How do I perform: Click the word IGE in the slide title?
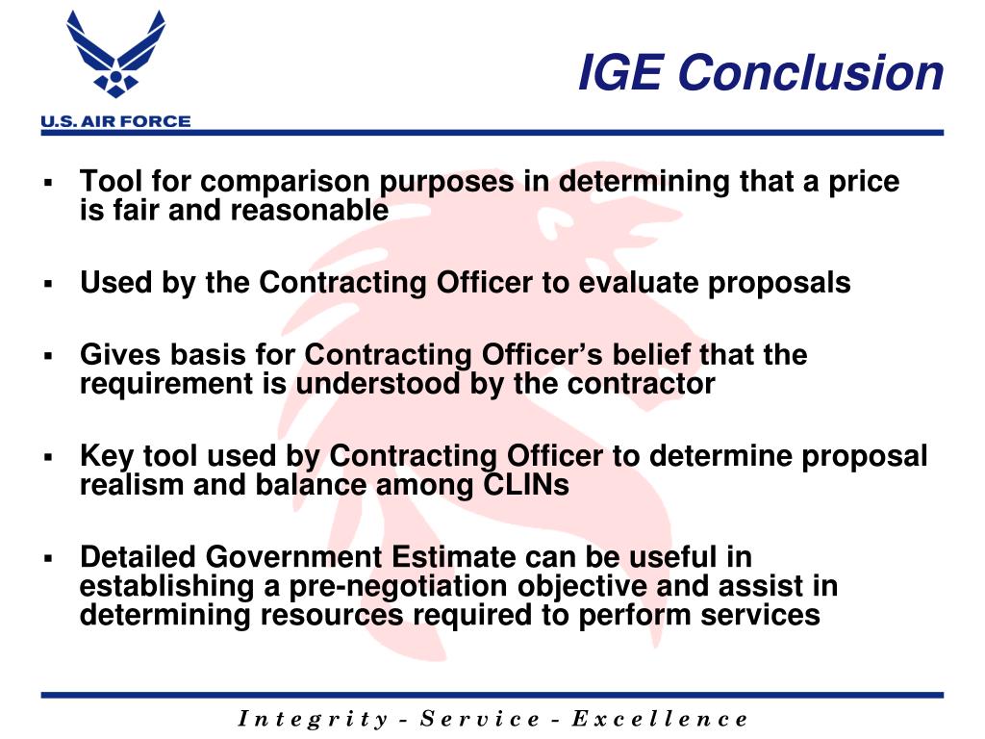click(620, 73)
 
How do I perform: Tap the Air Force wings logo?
click(114, 57)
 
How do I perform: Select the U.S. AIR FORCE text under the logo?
click(114, 121)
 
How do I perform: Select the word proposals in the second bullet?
click(798, 283)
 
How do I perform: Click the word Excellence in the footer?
click(659, 719)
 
